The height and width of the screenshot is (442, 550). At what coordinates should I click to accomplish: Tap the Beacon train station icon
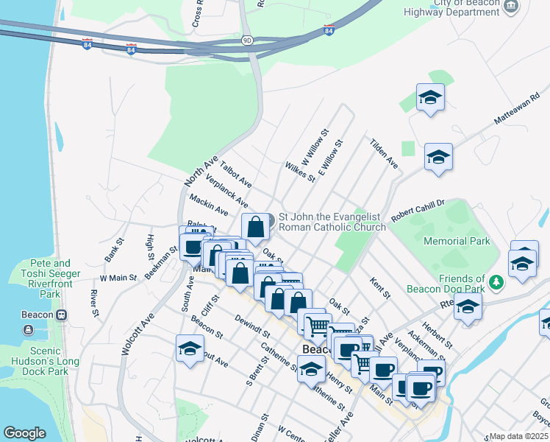(62, 315)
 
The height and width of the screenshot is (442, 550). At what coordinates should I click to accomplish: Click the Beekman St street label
(162, 262)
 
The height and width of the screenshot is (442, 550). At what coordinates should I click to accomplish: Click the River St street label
(94, 304)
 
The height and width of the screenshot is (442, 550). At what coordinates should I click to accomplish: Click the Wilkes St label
(299, 174)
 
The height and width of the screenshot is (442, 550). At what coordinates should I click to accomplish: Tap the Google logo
(24, 433)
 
